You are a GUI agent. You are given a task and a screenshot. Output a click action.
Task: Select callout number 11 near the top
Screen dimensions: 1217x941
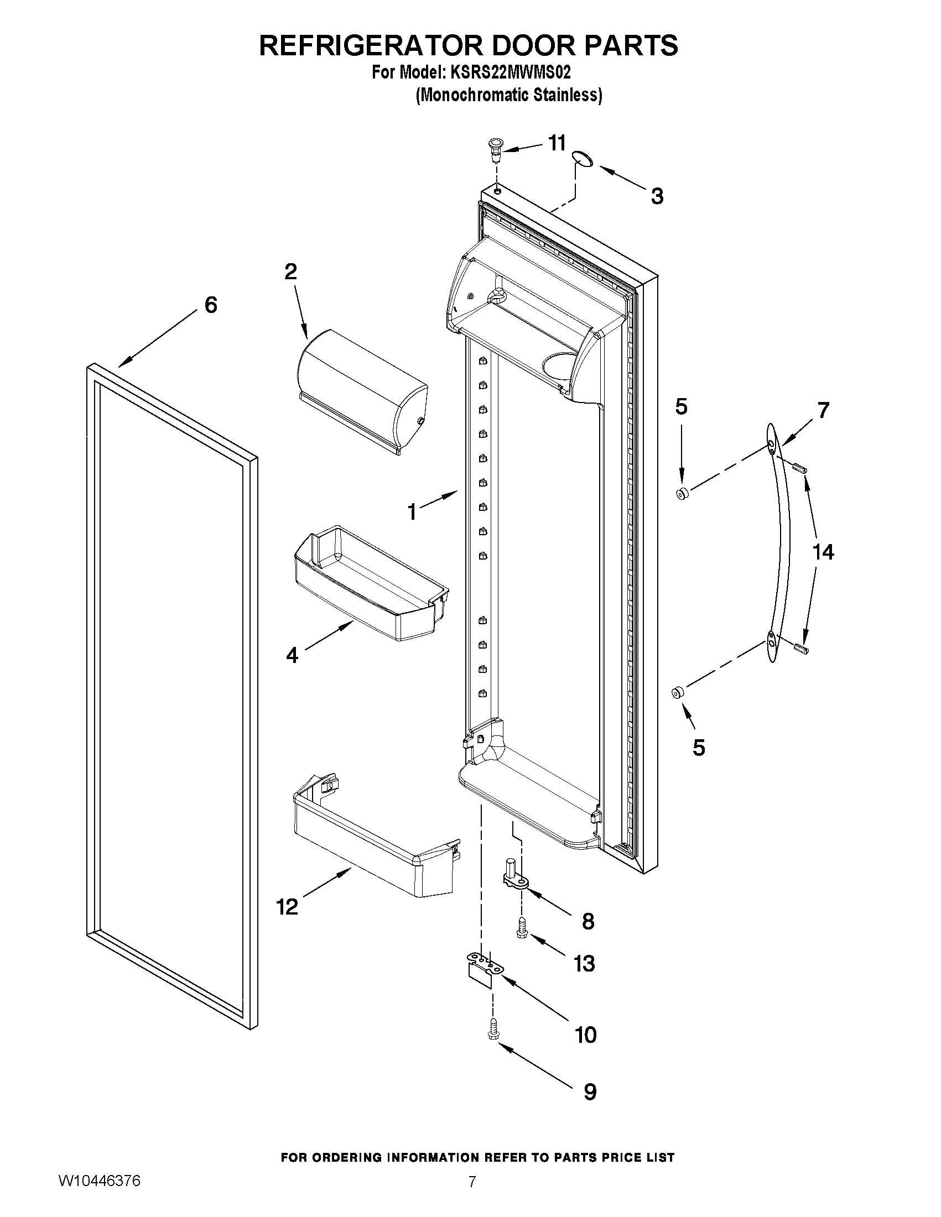pos(557,143)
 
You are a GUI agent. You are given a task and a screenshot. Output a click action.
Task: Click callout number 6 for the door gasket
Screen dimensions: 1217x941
pos(211,305)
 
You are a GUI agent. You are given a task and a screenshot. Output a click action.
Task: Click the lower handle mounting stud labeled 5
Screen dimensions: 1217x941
pos(678,693)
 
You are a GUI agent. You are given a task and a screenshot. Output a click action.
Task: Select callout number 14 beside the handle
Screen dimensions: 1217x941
pos(823,552)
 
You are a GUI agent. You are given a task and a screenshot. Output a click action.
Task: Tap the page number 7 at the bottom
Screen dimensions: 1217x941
pos(472,1197)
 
